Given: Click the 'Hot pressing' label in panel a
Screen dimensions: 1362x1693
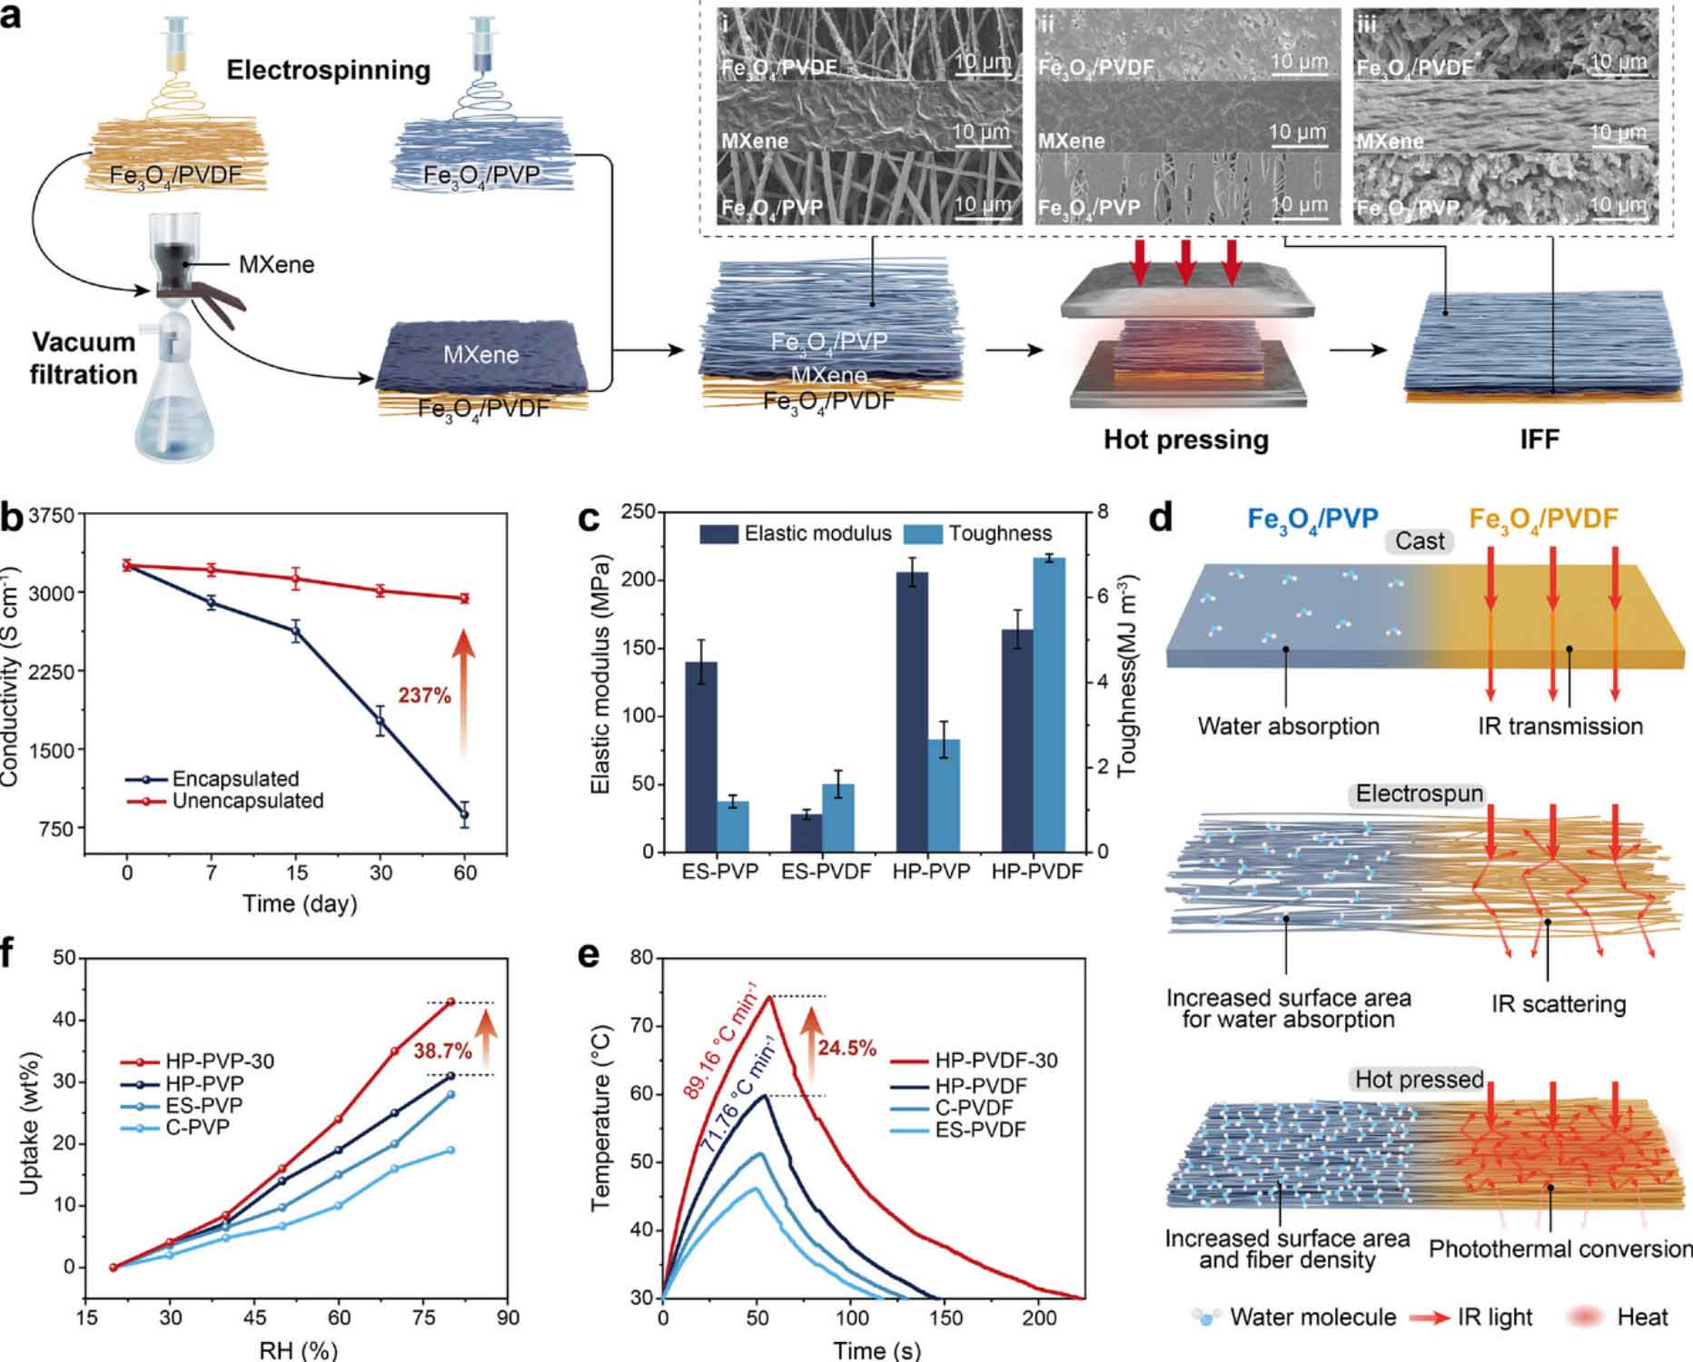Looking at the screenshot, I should (x=1185, y=439).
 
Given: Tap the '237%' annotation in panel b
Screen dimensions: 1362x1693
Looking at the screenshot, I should (x=424, y=696).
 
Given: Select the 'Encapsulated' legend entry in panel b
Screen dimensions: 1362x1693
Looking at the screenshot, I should (x=234, y=778).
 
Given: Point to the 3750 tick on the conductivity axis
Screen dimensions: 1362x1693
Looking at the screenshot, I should (x=53, y=516).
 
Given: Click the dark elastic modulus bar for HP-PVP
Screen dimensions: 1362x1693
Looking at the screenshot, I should (x=912, y=712).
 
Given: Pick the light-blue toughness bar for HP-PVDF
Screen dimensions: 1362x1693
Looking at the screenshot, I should (x=1049, y=705).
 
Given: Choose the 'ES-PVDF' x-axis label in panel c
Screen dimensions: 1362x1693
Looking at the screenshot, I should (x=826, y=872).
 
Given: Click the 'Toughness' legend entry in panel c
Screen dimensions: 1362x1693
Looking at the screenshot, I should (x=1000, y=534).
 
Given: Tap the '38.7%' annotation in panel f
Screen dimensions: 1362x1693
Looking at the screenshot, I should (x=442, y=1051).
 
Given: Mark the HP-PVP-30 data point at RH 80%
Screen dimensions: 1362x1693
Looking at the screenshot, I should (x=450, y=1002).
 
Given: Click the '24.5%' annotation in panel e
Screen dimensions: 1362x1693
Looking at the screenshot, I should (x=846, y=1049).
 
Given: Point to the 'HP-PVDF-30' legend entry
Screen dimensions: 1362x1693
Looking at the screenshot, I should (x=996, y=1061).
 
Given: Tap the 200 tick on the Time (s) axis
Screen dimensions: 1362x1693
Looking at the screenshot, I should (x=1039, y=1318).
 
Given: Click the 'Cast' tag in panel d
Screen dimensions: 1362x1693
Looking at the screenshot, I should (x=1420, y=541).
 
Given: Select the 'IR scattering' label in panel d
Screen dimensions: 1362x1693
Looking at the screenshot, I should (x=1559, y=1004).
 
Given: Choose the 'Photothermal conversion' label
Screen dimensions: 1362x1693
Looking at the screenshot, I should (x=1559, y=1249).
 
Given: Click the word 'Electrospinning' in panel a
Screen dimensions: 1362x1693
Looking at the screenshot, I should (x=328, y=70).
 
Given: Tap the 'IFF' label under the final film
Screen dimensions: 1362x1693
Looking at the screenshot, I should (x=1540, y=439).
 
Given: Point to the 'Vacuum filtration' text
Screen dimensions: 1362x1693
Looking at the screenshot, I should (x=84, y=358).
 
